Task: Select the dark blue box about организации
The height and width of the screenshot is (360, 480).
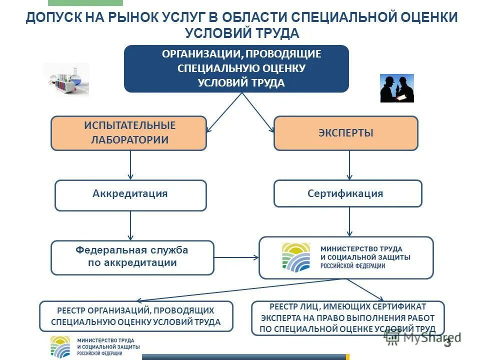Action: point(236,68)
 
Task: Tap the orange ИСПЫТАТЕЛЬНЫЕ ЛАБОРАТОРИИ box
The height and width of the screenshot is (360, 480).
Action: point(128,133)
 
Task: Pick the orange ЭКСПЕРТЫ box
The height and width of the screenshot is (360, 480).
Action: point(345,133)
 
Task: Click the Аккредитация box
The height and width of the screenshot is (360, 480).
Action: point(130,195)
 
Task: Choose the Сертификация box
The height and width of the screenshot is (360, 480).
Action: point(347,193)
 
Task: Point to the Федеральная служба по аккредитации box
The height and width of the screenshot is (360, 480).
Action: point(132,257)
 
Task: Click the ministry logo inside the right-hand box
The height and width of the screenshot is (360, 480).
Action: point(296,257)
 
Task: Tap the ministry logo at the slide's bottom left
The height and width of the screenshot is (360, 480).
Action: point(60,346)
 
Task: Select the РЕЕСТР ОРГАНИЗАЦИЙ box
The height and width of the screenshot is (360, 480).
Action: point(136,316)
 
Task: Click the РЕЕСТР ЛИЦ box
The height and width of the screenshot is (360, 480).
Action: point(347,317)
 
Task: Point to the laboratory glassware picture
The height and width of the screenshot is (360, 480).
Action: point(66,79)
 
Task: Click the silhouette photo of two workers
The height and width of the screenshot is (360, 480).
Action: point(397,88)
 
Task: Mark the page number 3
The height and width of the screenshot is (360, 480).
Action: point(447,342)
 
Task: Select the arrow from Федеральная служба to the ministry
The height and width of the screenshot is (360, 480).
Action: point(236,258)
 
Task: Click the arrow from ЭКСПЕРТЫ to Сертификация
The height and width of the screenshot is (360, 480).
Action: point(349,165)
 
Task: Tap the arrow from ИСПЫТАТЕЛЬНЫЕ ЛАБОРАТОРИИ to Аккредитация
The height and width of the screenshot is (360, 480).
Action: point(130,165)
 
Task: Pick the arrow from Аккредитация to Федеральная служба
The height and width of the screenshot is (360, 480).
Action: point(130,225)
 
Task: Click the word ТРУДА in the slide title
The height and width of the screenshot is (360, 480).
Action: point(278,33)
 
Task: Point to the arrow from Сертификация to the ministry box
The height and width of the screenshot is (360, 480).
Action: point(349,222)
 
